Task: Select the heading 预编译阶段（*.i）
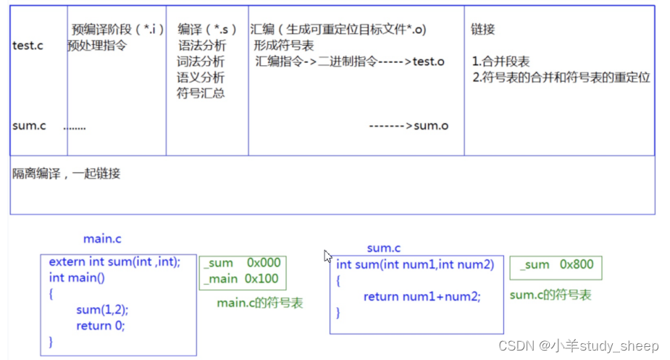pyautogui.click(x=117, y=30)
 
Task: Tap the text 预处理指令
pyautogui.click(x=97, y=46)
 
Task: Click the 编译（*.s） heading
pyautogui.click(x=207, y=30)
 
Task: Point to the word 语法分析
pyautogui.click(x=201, y=46)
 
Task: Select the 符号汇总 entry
pyautogui.click(x=201, y=93)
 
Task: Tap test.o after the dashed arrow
pyautogui.click(x=429, y=62)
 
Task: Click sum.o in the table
pyautogui.click(x=431, y=126)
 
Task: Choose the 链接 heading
pyautogui.click(x=483, y=30)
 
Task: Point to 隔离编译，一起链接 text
pyautogui.click(x=66, y=174)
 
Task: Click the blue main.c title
pyautogui.click(x=103, y=239)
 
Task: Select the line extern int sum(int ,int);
pyautogui.click(x=114, y=262)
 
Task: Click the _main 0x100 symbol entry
pyautogui.click(x=240, y=279)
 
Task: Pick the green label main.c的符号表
pyautogui.click(x=259, y=303)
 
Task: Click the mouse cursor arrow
pyautogui.click(x=327, y=256)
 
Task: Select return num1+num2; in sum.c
pyautogui.click(x=422, y=296)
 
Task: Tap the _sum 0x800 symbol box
pyautogui.click(x=556, y=265)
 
